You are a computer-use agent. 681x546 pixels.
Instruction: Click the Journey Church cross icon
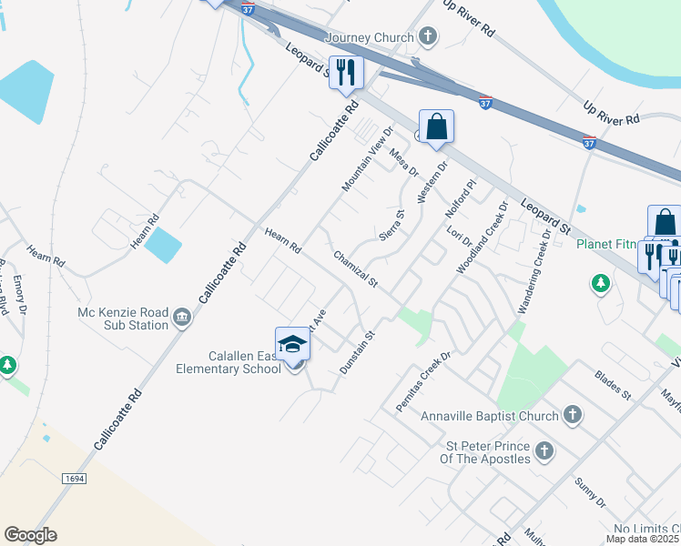click(428, 37)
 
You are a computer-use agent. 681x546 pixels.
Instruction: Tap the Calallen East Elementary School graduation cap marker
click(292, 345)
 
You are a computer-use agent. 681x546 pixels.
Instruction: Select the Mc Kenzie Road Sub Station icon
click(182, 317)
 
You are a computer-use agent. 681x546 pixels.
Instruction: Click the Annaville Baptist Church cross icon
click(572, 416)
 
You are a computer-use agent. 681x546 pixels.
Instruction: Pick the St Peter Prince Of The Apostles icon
click(544, 450)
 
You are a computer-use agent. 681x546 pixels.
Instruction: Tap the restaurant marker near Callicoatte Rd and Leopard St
click(346, 73)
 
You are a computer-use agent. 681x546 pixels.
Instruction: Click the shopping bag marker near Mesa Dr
click(437, 126)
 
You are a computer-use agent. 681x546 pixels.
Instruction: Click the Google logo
click(30, 535)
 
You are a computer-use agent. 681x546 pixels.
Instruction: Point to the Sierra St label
click(391, 227)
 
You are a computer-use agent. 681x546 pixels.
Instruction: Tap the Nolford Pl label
click(461, 198)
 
